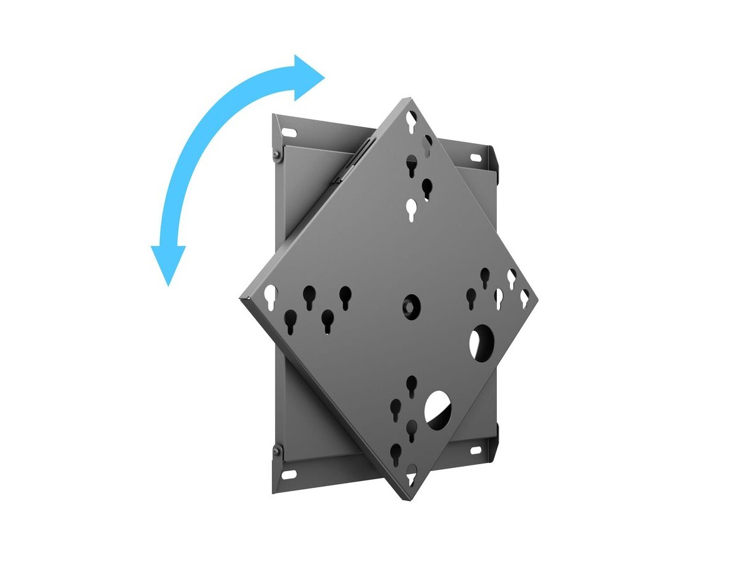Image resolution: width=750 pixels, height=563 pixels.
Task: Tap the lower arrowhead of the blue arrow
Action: coord(168,263)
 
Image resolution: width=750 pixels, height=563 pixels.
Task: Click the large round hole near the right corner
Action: coord(482,342)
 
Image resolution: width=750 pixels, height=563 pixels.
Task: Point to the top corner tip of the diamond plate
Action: coord(409,98)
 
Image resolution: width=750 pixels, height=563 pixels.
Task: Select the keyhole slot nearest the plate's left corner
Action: coord(270,293)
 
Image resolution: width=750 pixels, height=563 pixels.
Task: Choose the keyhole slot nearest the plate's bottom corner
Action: coord(411,478)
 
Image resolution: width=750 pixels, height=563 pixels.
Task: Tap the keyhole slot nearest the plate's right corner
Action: coord(525,298)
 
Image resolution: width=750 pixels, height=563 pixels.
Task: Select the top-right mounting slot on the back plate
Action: coord(473,151)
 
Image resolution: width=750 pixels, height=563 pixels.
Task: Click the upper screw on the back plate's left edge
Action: coord(276,155)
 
